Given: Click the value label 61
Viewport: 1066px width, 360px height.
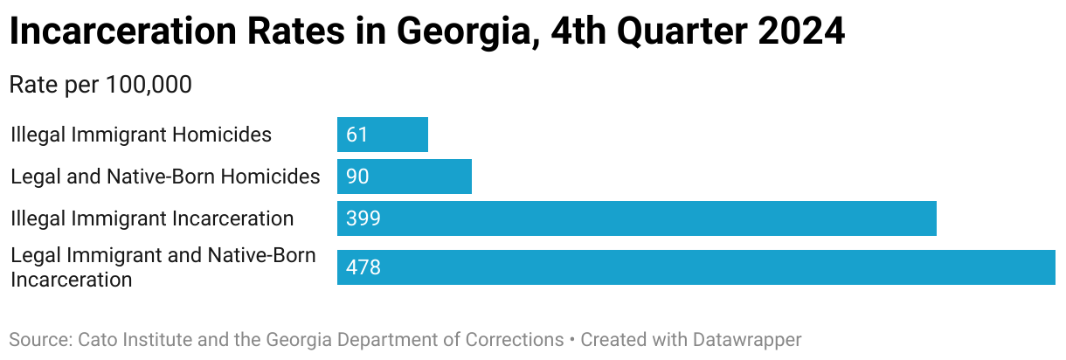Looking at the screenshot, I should [x=357, y=135].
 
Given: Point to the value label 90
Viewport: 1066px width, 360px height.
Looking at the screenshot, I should [x=357, y=177].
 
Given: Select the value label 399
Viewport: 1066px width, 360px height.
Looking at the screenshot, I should [x=363, y=218].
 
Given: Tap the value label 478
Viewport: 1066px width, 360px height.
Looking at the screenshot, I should [x=363, y=267].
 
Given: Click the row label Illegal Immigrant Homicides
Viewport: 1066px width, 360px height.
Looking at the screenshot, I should [x=142, y=135].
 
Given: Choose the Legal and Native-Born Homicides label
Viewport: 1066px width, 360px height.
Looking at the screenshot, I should [x=165, y=177].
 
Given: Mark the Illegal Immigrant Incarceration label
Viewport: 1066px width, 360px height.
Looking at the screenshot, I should [x=152, y=218].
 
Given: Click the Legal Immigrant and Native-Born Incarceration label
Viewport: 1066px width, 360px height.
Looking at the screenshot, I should [x=163, y=267].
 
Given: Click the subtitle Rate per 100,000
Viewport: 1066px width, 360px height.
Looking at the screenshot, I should [x=100, y=85].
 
